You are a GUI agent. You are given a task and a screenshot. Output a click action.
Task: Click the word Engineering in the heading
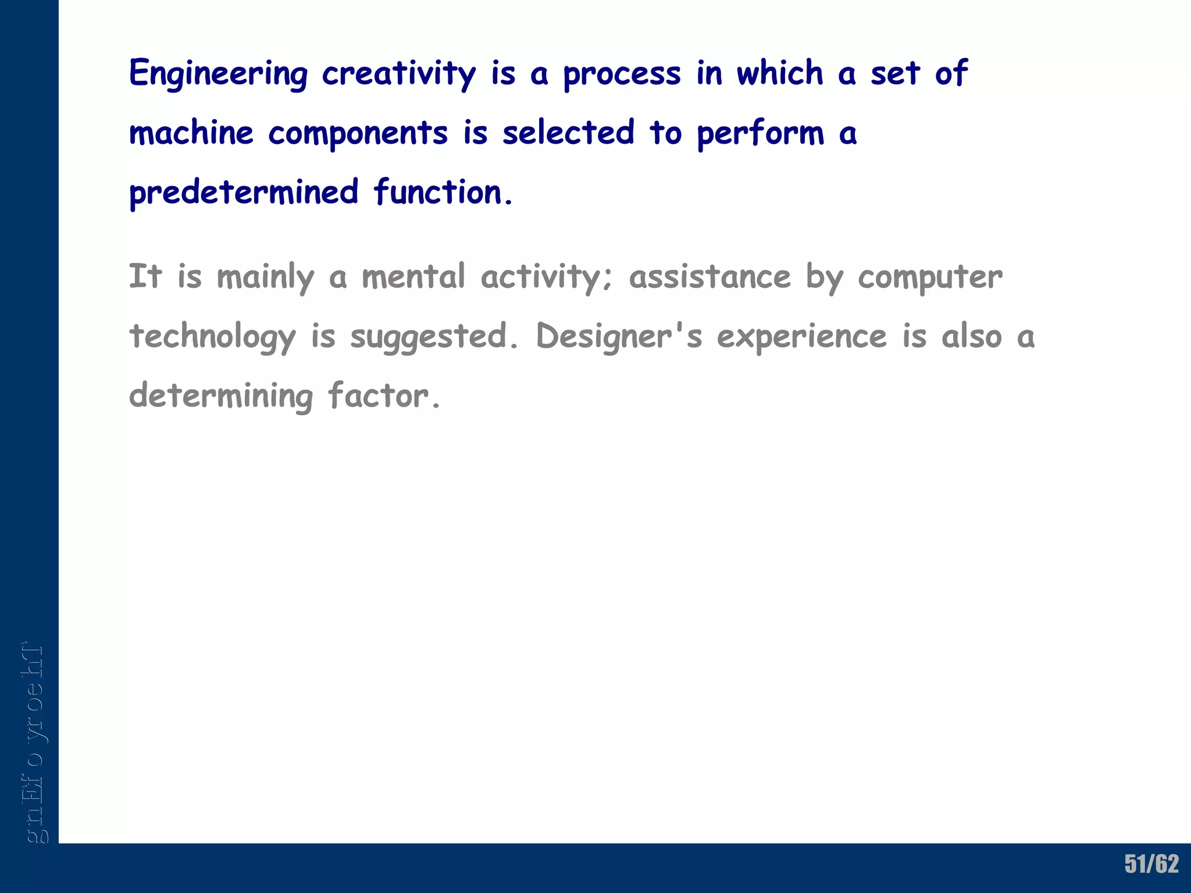218,74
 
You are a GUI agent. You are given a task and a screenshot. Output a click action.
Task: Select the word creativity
399,74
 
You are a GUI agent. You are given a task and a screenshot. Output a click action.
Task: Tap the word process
622,74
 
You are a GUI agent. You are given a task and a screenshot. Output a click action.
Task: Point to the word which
780,73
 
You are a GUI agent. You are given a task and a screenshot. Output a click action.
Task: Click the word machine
191,133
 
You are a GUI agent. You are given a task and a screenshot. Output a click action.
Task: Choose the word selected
568,133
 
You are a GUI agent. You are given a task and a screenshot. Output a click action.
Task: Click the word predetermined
244,192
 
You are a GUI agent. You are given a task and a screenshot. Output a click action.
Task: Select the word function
443,192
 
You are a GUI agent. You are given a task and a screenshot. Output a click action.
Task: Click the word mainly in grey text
265,277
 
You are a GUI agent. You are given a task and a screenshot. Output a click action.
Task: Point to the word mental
413,276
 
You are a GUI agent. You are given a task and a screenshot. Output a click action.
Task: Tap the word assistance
710,276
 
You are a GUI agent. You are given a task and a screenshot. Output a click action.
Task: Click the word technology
212,337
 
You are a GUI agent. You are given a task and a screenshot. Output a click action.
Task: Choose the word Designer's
619,336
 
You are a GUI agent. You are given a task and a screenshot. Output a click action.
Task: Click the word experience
801,337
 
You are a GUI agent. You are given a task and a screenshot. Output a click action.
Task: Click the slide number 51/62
1151,864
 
